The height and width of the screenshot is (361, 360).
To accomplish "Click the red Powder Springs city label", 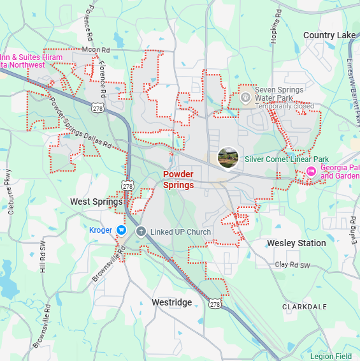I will pyautogui.click(x=178, y=179).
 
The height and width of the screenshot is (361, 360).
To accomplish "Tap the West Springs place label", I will pyautogui.click(x=96, y=202).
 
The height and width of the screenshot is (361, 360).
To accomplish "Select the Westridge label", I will pyautogui.click(x=171, y=302).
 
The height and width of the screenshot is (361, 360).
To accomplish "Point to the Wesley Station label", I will pyautogui.click(x=296, y=243).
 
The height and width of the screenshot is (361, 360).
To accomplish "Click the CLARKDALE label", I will pyautogui.click(x=304, y=307).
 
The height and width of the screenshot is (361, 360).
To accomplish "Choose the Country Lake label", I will pyautogui.click(x=329, y=35).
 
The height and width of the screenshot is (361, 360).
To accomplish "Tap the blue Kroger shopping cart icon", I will pyautogui.click(x=121, y=230).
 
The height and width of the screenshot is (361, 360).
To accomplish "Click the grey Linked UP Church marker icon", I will pyautogui.click(x=141, y=231).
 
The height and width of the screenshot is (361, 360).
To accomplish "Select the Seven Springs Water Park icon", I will pyautogui.click(x=245, y=98).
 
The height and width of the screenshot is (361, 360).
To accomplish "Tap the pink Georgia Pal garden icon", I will pyautogui.click(x=311, y=171).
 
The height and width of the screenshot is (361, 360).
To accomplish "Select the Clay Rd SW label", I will pyautogui.click(x=292, y=265).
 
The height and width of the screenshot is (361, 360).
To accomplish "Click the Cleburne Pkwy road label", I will pyautogui.click(x=10, y=191).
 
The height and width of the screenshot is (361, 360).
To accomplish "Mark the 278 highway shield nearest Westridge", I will pyautogui.click(x=215, y=305).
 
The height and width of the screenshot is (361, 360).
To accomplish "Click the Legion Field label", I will pyautogui.click(x=331, y=356).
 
